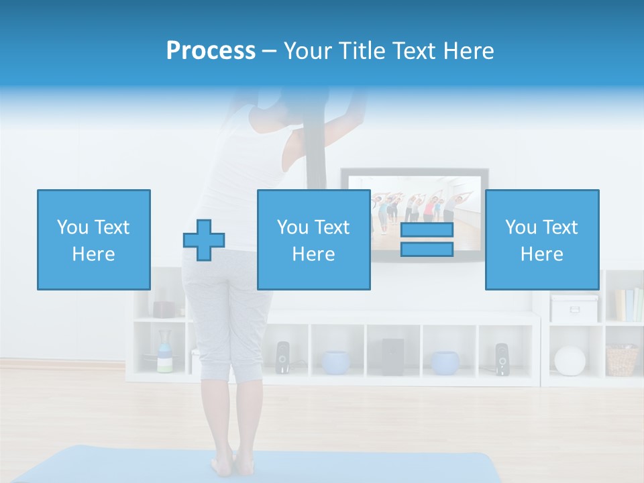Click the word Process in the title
click(x=211, y=51)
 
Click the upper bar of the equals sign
click(x=427, y=229)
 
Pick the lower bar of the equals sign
click(x=427, y=250)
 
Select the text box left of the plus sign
click(x=94, y=239)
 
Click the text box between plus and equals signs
click(x=314, y=239)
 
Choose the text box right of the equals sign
click(x=542, y=239)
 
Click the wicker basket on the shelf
click(x=623, y=360)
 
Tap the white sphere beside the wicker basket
click(x=570, y=360)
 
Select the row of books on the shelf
click(x=629, y=305)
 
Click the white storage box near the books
click(x=574, y=308)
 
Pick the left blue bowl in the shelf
click(x=335, y=362)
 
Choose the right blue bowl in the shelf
click(x=445, y=362)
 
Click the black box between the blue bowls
click(x=392, y=356)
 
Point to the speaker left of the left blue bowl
click(x=282, y=358)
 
